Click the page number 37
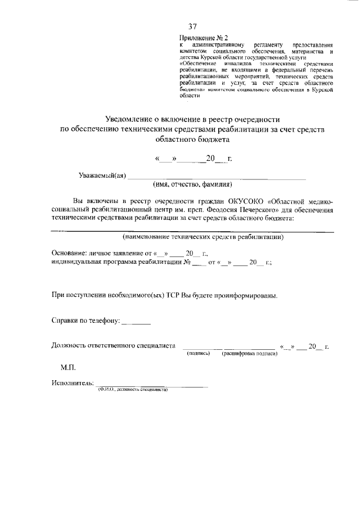[x=192, y=26]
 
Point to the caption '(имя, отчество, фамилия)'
[x=192, y=184]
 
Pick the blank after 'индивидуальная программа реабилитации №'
[x=199, y=263]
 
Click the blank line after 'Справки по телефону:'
[x=136, y=322]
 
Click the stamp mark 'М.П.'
[x=68, y=367]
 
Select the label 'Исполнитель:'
[x=73, y=384]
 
